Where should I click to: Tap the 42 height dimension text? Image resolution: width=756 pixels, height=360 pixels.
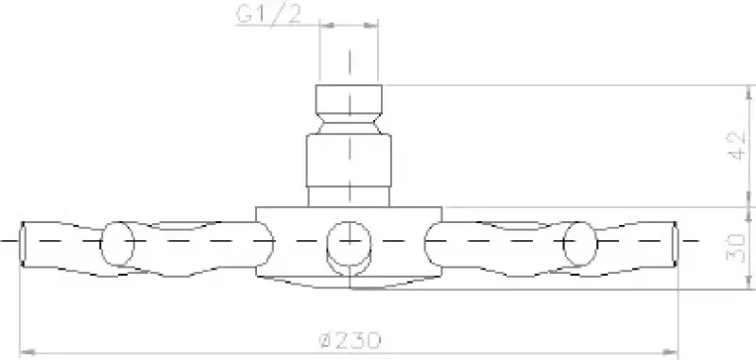coord(728,146)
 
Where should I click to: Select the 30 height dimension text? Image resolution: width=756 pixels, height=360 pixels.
coord(728,247)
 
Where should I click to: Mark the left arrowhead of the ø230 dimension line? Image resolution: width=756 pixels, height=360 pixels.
coord(26,353)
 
